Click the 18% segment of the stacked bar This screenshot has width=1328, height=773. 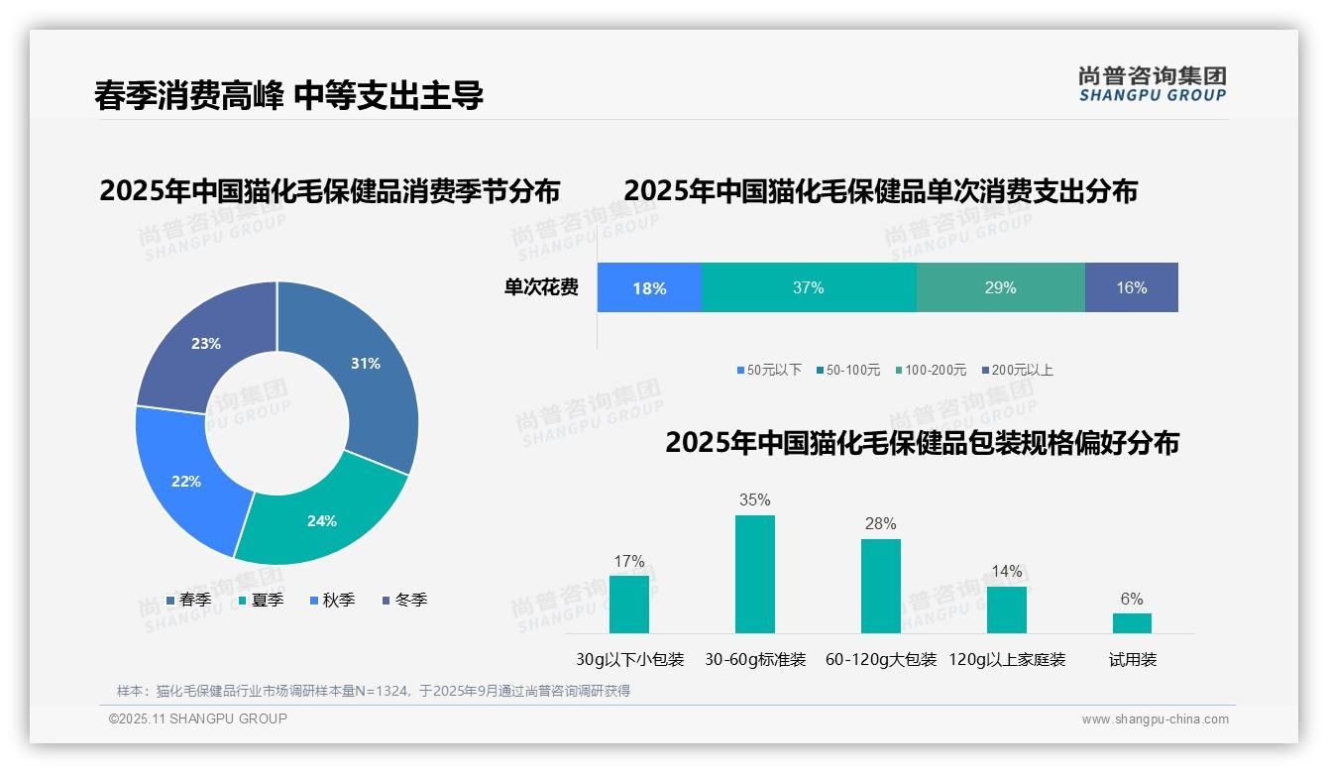[649, 288]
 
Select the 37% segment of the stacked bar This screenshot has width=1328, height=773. [809, 288]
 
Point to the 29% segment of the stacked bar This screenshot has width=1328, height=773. [1000, 288]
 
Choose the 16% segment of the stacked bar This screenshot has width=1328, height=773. [1131, 288]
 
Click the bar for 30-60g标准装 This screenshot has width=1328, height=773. [755, 575]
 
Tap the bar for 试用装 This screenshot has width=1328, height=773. [1132, 623]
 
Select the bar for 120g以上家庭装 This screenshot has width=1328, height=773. [1007, 609]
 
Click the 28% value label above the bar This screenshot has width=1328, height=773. [880, 523]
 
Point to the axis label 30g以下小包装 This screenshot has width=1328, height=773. [630, 660]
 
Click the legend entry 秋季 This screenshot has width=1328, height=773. [332, 601]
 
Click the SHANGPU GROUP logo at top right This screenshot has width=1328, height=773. [1152, 84]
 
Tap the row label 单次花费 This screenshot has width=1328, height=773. [541, 288]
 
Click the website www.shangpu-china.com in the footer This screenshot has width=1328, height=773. [1155, 719]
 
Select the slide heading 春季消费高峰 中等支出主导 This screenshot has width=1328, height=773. [288, 96]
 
